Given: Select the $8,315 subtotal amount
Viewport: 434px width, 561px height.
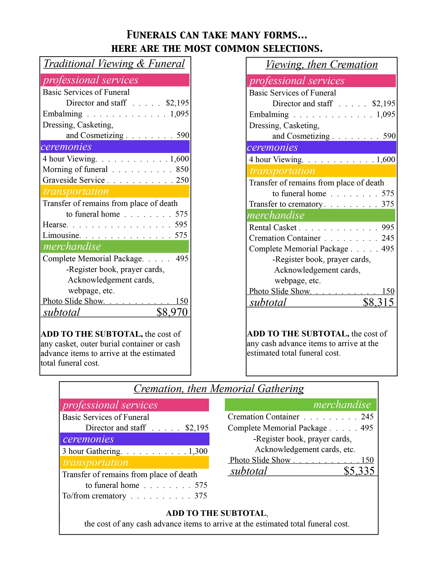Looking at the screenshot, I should point(378,302).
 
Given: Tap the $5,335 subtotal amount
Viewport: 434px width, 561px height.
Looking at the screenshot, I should point(359,471).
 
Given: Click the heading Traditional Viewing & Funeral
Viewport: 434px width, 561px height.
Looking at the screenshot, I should point(114,64).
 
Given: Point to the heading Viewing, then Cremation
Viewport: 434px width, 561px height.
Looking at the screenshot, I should point(322,64).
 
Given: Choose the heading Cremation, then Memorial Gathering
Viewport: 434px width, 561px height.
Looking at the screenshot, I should point(219,389).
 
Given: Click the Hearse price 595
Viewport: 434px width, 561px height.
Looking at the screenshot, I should point(181,225).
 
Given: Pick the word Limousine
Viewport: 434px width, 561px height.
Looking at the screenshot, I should point(61,235).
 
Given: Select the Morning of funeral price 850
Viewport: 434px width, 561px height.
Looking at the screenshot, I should point(182,169).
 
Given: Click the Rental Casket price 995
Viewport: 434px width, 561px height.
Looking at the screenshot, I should point(388,227).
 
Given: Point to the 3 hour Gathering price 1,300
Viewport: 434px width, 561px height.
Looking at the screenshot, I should point(198,451).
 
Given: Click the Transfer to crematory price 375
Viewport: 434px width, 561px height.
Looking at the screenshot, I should point(388,204).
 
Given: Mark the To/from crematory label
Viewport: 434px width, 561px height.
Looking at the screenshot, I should point(94,496).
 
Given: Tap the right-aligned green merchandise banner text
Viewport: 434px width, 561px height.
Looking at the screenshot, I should point(342,404).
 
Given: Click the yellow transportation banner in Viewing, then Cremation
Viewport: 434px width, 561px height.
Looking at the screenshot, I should point(321,171).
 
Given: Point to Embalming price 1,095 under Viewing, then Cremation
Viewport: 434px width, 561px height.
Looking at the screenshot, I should point(386,114).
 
